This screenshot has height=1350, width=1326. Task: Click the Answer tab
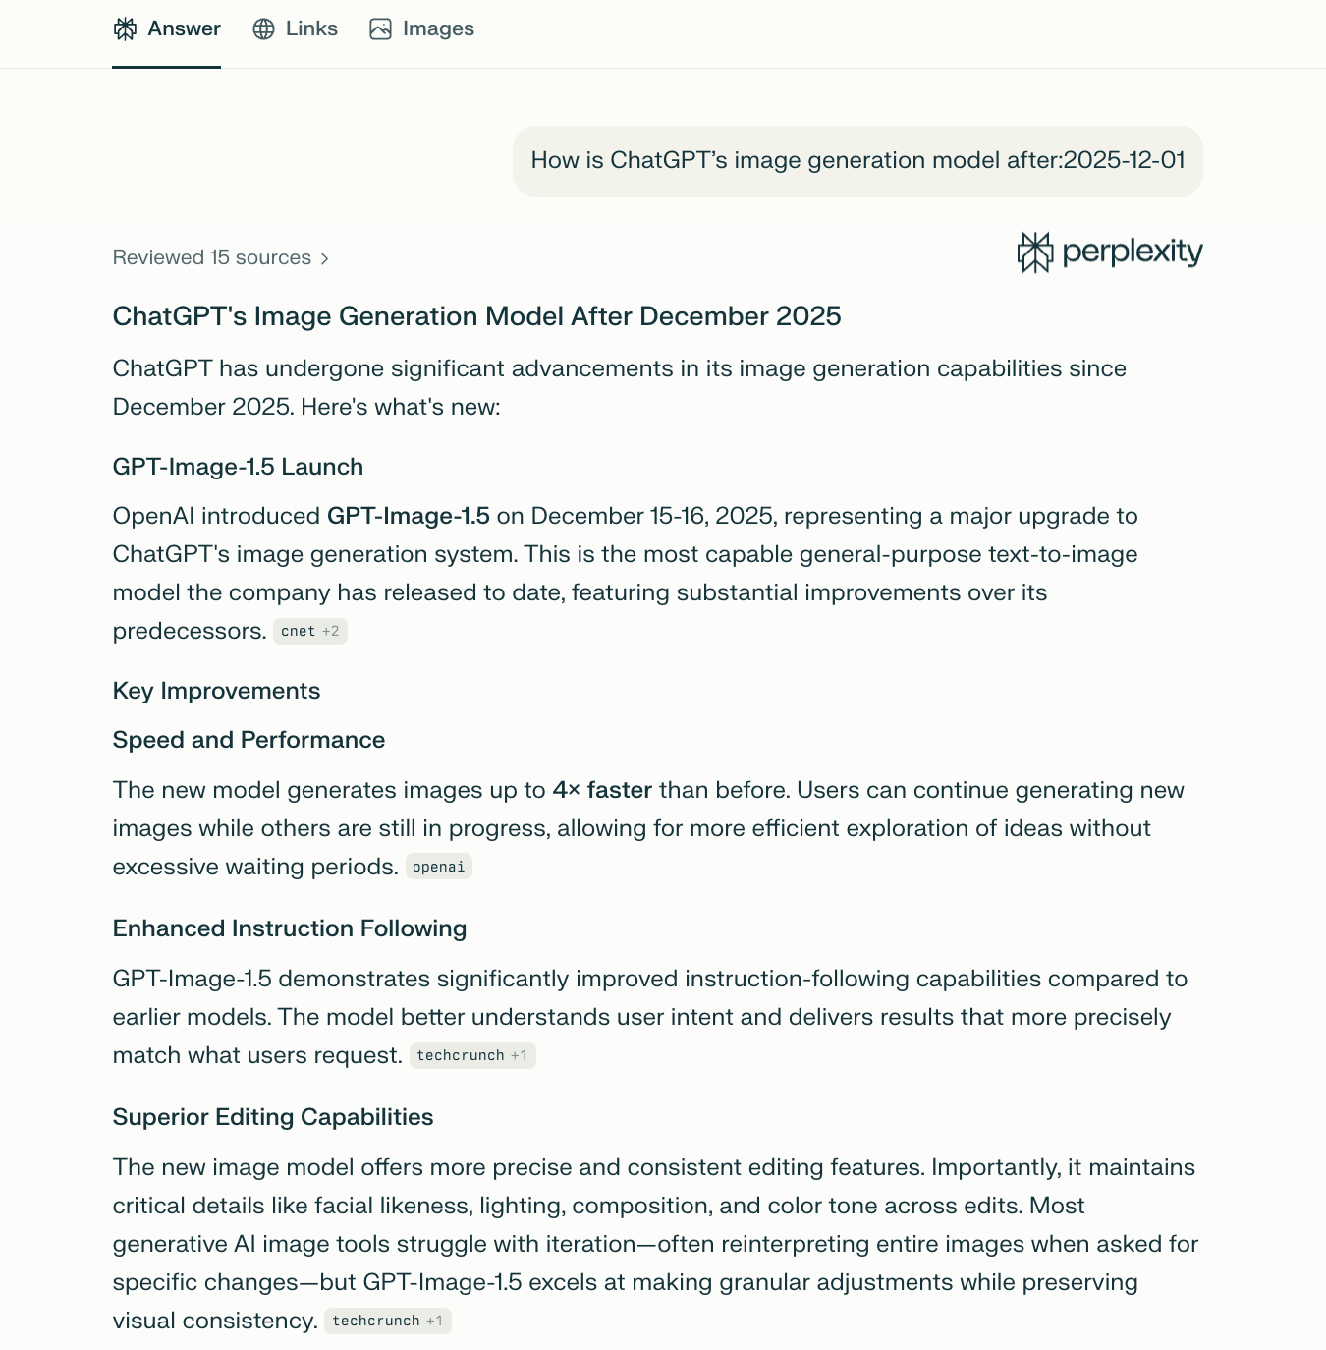[x=167, y=29]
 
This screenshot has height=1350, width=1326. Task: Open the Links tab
[x=296, y=29]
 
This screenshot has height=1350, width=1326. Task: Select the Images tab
[x=422, y=29]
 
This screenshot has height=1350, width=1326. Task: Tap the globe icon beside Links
[x=263, y=29]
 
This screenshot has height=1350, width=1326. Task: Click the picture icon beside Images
[x=380, y=29]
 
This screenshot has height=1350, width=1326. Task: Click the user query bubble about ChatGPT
[x=857, y=160]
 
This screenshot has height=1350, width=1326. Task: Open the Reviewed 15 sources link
[x=212, y=257]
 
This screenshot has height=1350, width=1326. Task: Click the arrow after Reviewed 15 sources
[x=324, y=258]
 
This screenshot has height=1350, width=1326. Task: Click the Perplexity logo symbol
[x=1034, y=253]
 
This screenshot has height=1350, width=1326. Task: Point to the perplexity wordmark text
[x=1133, y=252]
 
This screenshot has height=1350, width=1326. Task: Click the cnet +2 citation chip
[x=309, y=631]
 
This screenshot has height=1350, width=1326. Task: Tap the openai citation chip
[x=438, y=867]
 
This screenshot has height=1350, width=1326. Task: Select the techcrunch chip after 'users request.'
[x=471, y=1055]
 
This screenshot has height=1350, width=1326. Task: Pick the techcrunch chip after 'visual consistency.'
[x=387, y=1321]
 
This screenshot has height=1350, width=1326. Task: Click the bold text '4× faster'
[x=602, y=790]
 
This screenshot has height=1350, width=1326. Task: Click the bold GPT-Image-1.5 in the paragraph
[x=408, y=516]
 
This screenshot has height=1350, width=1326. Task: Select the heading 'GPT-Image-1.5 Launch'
[x=238, y=467]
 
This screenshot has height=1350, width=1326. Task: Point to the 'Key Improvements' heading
[x=216, y=691]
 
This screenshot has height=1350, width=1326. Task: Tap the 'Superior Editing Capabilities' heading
[x=273, y=1117]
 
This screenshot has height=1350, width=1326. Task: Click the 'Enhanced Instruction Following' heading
[x=290, y=928]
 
